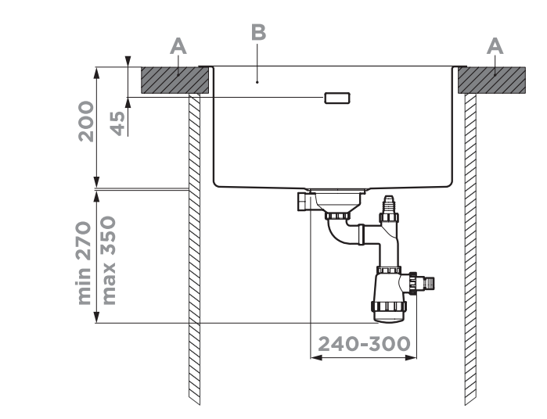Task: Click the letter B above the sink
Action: click(x=258, y=33)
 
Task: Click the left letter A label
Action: click(x=179, y=47)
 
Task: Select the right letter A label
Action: click(x=495, y=47)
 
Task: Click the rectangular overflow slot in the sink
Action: click(x=337, y=98)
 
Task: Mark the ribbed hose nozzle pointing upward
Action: click(x=387, y=212)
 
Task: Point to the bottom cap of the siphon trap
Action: click(x=389, y=313)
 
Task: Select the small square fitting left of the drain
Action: click(x=304, y=202)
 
